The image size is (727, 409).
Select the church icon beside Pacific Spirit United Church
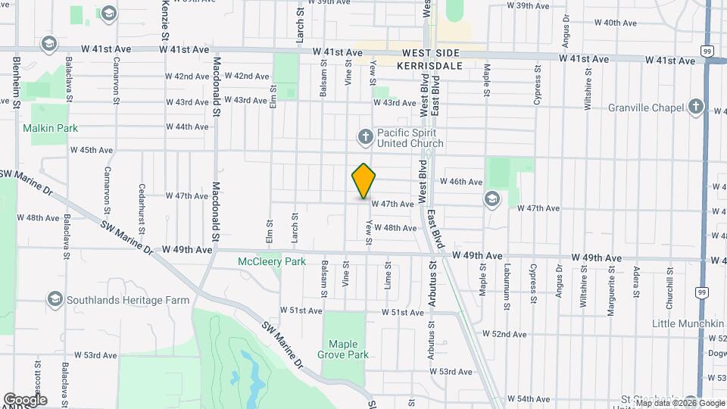pyautogui.click(x=365, y=136)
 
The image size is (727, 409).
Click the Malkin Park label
pyautogui.click(x=50, y=128)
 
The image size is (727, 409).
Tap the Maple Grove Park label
pyautogui.click(x=343, y=349)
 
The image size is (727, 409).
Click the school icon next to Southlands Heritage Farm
pyautogui.click(x=55, y=300)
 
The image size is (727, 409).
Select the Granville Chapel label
pyautogui.click(x=645, y=108)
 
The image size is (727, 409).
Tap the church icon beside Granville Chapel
pyautogui.click(x=696, y=108)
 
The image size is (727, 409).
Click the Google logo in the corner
pyautogui.click(x=24, y=399)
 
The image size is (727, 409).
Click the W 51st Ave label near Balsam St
pyautogui.click(x=301, y=311)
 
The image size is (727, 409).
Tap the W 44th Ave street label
pyautogui.click(x=187, y=126)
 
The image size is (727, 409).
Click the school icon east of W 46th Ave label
pyautogui.click(x=492, y=198)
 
